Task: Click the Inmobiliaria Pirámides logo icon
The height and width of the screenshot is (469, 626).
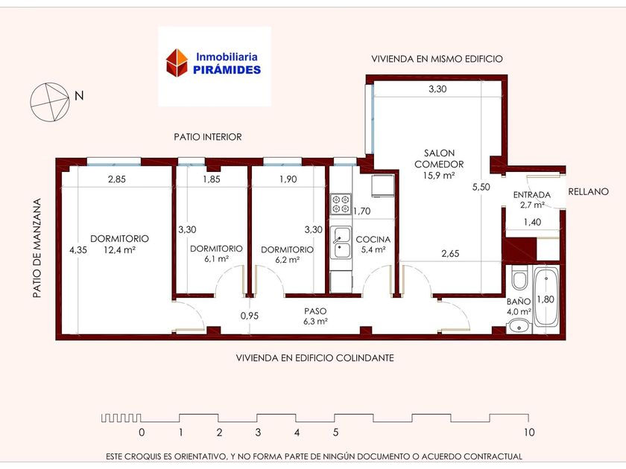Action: tap(177, 63)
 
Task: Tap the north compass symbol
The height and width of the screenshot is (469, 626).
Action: tap(50, 102)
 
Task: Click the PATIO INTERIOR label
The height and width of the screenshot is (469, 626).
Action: tap(208, 137)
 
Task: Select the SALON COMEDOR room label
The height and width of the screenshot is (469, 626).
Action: tap(439, 159)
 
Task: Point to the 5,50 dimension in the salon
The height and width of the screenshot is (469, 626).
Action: tap(481, 187)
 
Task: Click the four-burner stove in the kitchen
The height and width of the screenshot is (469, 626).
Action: tap(341, 204)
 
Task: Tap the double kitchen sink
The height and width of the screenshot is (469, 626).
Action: tap(341, 243)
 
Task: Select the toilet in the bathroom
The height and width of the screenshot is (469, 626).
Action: tap(519, 278)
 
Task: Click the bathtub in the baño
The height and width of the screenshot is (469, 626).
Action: tap(546, 297)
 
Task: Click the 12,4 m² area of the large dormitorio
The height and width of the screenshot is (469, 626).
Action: tap(119, 250)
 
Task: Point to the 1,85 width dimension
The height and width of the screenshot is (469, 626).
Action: tap(212, 179)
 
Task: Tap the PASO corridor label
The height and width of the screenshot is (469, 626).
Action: tap(315, 311)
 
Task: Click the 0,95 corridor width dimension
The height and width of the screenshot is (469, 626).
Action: tap(250, 316)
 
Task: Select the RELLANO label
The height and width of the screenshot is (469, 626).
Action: tap(589, 191)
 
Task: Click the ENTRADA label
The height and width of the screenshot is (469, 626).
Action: tap(532, 194)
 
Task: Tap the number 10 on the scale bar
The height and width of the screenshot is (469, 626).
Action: tap(529, 432)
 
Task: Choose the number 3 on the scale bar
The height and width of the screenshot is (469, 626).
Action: tap(258, 432)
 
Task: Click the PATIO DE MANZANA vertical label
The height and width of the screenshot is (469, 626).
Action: tap(37, 248)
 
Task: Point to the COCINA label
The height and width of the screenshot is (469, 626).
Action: tap(373, 239)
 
